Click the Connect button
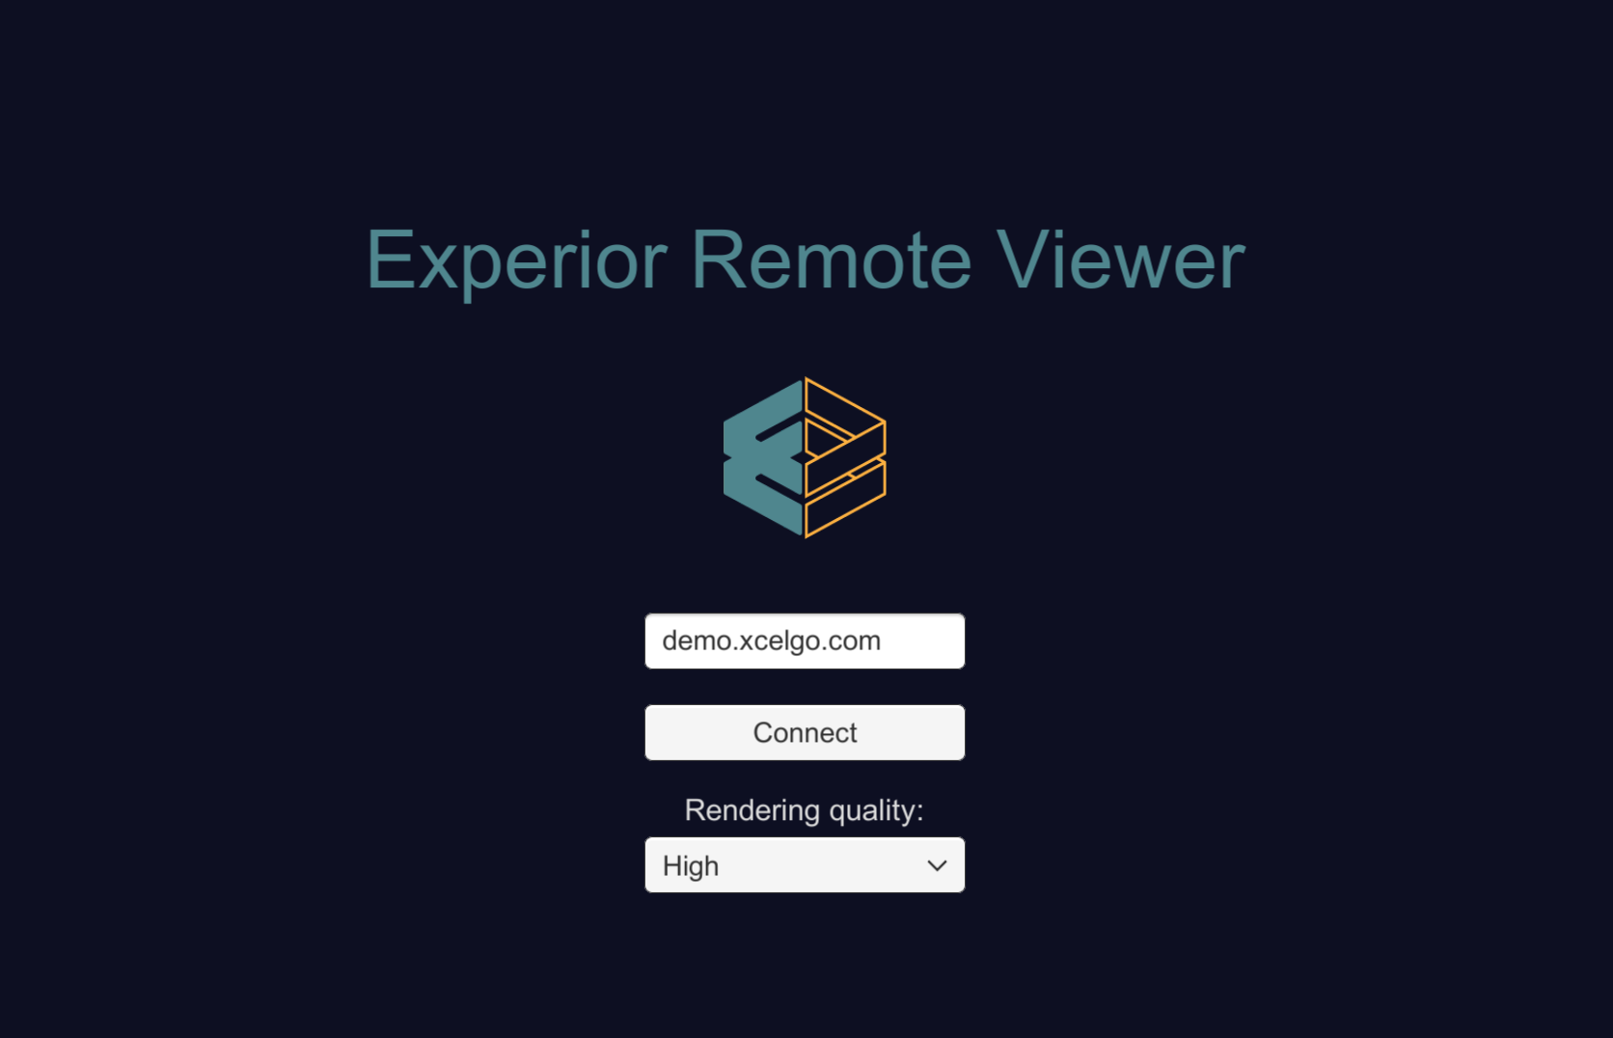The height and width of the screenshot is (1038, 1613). [805, 732]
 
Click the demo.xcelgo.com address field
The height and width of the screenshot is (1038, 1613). [805, 641]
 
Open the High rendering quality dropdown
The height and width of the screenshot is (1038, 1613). [805, 864]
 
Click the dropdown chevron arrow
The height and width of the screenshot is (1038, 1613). [937, 865]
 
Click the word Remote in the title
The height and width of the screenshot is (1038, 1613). [832, 259]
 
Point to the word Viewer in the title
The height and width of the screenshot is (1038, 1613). [1121, 259]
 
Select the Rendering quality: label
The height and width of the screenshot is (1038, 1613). [804, 810]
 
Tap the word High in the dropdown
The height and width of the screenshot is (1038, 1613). [691, 866]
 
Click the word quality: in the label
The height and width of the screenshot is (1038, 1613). [876, 812]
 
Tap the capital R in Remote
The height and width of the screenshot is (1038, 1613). [717, 259]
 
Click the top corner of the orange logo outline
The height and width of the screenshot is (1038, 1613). [806, 378]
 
